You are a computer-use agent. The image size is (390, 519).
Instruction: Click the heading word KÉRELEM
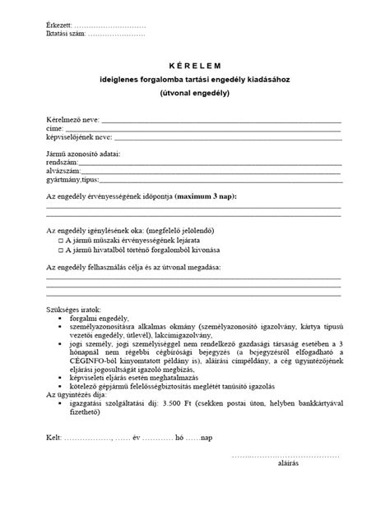coord(195,64)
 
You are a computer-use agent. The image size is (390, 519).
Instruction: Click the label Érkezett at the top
coord(61,27)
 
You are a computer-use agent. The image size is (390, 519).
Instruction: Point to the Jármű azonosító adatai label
coord(84,155)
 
